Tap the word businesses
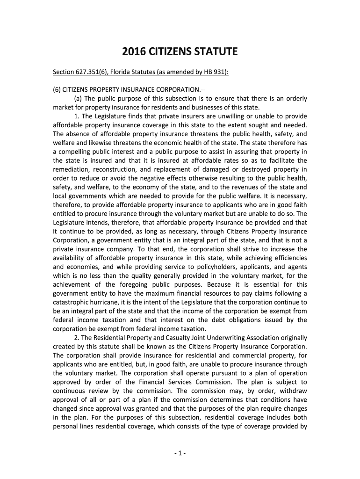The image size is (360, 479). pos(207,107)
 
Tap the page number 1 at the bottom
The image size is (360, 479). pos(180,453)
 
